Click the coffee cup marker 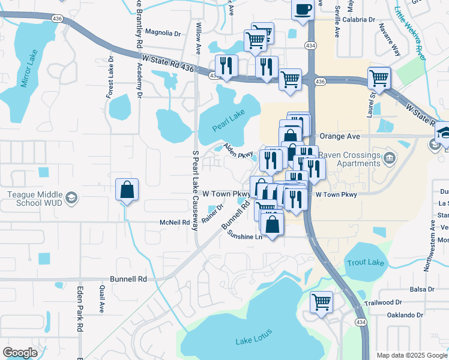[303, 10]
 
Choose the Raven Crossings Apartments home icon [390, 159]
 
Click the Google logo [20, 353]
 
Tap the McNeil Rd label [175, 223]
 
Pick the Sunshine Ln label [245, 236]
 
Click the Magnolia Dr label [163, 33]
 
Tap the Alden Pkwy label [238, 151]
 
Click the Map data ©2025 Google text [412, 355]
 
